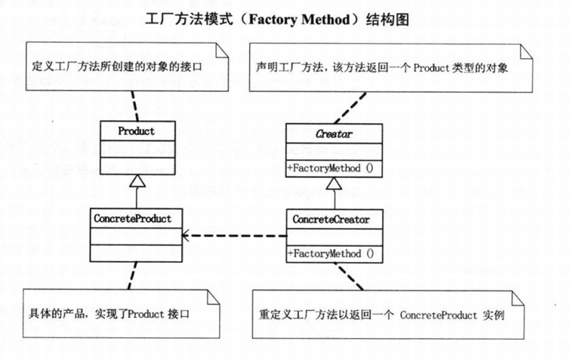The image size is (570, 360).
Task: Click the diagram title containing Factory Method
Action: pyautogui.click(x=285, y=19)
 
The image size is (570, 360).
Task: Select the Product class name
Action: pyautogui.click(x=137, y=131)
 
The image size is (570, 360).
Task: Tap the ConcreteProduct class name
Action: pyautogui.click(x=134, y=219)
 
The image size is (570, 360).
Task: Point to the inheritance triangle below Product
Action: pyautogui.click(x=137, y=181)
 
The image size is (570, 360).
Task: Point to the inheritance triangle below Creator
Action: pyautogui.click(x=333, y=183)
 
